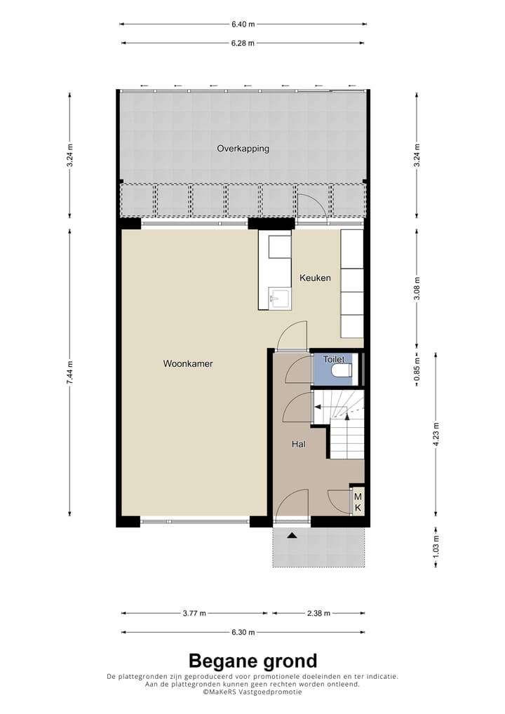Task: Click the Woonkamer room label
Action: (188, 364)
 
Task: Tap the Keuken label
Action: (315, 278)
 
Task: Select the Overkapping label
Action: (243, 149)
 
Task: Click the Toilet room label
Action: (333, 359)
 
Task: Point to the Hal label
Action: (299, 444)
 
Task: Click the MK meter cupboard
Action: (357, 501)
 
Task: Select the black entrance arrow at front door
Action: (292, 535)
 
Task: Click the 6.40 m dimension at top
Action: (243, 24)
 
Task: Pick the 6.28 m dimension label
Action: (243, 43)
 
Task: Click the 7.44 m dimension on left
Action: (69, 372)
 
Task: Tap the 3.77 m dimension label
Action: (194, 613)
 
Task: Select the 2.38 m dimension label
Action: (318, 613)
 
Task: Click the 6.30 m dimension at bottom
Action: (243, 632)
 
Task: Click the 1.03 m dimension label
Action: (436, 547)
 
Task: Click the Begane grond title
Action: (252, 661)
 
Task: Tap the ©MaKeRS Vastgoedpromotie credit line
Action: (252, 692)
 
